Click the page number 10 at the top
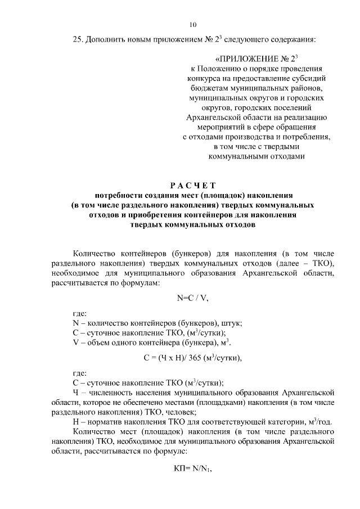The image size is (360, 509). (193, 24)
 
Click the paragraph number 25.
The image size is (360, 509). (79, 40)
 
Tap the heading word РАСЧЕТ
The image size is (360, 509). (192, 185)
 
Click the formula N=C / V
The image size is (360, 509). (192, 298)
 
